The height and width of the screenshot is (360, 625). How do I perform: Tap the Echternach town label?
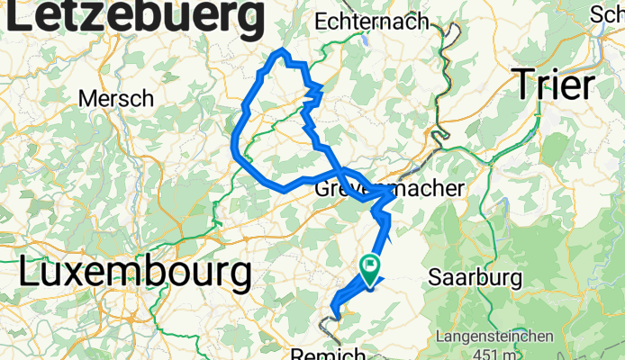tap(373, 21)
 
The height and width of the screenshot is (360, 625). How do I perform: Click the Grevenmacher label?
tap(389, 190)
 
